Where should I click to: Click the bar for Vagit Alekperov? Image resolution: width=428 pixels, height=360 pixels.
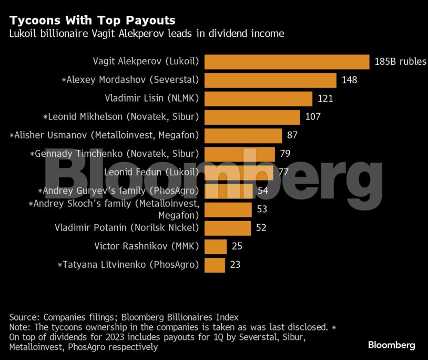coord(287,62)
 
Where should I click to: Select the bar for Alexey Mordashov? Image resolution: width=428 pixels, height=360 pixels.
coord(270,80)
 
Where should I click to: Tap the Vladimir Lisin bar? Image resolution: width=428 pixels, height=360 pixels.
coord(258,98)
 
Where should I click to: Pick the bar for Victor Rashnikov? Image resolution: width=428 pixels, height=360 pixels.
coord(215,246)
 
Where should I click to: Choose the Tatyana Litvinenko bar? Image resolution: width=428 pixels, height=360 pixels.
coord(214,265)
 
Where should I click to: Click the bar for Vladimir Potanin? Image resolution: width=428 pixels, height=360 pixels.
coord(227,228)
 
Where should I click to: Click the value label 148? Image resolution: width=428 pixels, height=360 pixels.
coord(349,80)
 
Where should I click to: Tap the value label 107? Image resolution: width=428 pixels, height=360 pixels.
coord(313,117)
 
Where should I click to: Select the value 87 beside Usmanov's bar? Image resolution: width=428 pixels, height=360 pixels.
coord(292,135)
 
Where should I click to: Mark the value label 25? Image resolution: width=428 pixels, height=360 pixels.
coord(237,246)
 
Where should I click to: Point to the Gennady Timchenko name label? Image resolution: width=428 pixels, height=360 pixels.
coord(115,154)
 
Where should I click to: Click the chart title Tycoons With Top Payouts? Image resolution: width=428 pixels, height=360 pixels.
coord(92,21)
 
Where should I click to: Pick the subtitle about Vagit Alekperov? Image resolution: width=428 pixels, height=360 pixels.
coord(147,34)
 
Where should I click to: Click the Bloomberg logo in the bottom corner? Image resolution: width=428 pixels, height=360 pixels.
coord(391,345)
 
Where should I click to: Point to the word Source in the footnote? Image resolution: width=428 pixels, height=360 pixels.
coord(24,317)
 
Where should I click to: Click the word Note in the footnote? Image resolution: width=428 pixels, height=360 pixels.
coord(19,327)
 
